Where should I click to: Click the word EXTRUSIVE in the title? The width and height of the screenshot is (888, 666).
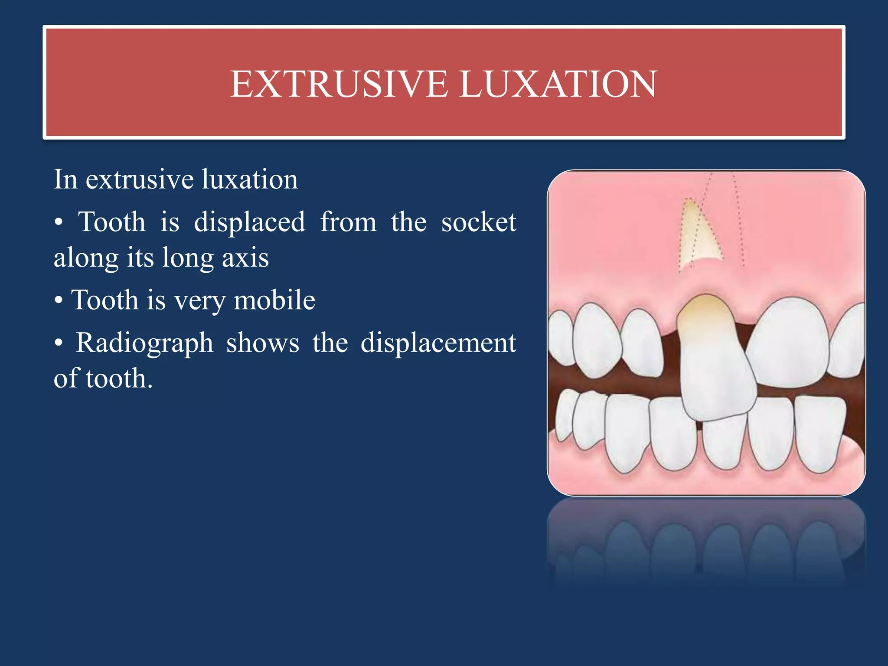(339, 84)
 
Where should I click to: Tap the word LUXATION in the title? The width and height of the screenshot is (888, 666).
(558, 84)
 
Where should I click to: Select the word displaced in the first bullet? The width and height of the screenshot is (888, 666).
(249, 222)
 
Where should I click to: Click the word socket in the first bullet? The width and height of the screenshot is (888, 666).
(479, 222)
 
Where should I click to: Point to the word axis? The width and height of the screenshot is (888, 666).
(245, 258)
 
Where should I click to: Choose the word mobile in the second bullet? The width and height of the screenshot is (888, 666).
(274, 300)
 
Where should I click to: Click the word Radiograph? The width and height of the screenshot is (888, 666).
(144, 343)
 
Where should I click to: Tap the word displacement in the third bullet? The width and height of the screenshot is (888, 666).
(438, 343)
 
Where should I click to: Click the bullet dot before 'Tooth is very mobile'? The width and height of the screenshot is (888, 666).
(59, 300)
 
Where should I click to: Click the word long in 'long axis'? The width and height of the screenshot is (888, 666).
(187, 258)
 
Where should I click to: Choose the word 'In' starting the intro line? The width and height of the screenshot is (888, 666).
(65, 180)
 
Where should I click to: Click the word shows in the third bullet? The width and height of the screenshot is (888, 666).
(262, 343)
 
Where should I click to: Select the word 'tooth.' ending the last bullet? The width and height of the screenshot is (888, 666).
(119, 379)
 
